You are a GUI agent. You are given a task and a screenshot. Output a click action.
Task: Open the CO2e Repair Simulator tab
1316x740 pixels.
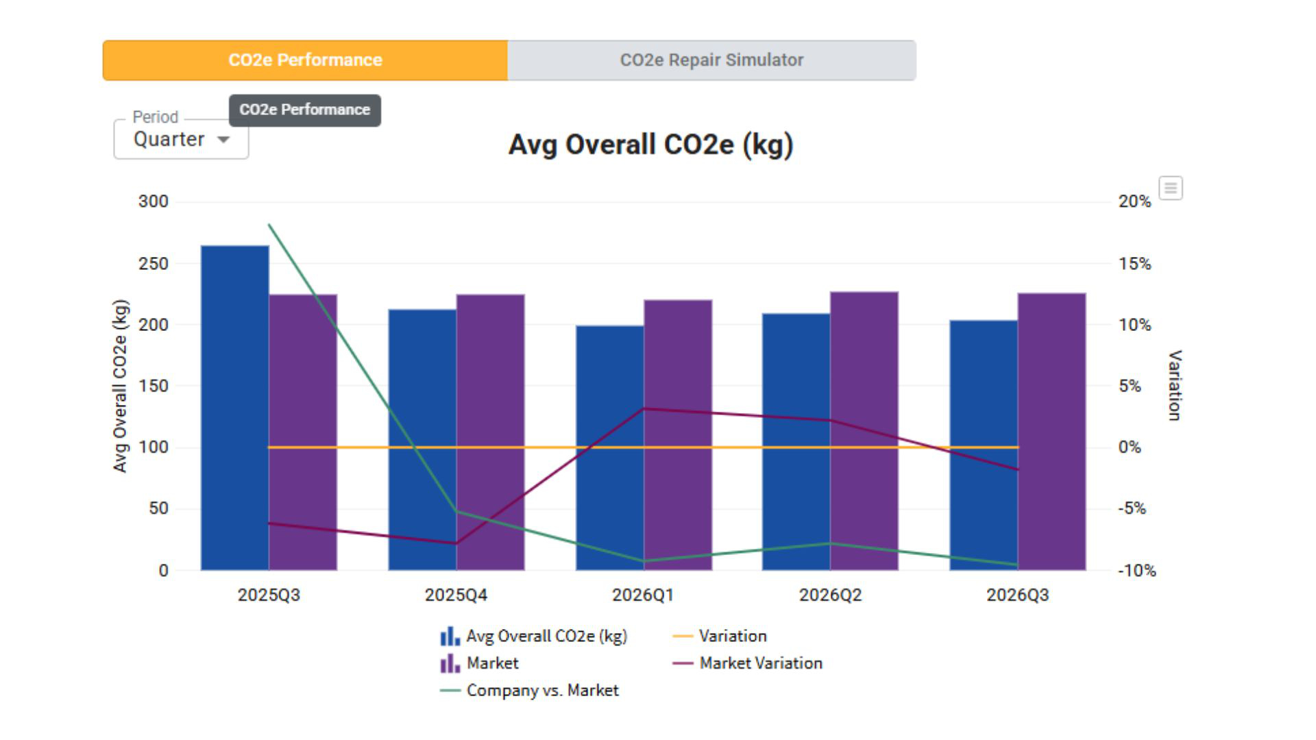(711, 60)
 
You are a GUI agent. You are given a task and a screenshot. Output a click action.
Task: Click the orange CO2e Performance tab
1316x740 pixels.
(305, 60)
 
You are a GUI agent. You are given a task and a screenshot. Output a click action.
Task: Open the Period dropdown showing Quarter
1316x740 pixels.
(181, 139)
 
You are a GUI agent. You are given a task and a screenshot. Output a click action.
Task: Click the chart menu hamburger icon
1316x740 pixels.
(1171, 188)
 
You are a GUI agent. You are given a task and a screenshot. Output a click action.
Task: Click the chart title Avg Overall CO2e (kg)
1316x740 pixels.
(650, 145)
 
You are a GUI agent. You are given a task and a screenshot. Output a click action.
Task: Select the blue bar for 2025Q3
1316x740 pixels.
(234, 408)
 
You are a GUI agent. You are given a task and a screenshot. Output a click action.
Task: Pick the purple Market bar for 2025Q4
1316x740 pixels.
(491, 432)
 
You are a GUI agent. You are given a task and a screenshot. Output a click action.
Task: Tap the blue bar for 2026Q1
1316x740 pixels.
(609, 447)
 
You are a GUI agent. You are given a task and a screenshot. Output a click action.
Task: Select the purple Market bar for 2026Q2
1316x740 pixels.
(864, 431)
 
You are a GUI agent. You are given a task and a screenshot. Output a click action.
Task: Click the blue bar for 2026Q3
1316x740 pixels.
(984, 445)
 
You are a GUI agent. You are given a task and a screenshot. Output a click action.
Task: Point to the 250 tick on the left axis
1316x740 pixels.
(154, 264)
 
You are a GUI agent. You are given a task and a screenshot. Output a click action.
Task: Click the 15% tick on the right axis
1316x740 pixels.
(1135, 264)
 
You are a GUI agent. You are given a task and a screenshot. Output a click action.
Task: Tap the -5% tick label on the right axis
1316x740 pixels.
(1132, 508)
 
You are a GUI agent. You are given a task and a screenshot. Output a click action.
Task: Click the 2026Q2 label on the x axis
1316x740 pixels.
(830, 595)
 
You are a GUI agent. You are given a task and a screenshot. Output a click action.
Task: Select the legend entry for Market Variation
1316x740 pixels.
(748, 663)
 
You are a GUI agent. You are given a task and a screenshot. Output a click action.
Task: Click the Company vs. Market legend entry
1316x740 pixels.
(529, 691)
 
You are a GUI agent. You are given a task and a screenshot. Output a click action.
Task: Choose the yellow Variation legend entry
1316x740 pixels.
(720, 636)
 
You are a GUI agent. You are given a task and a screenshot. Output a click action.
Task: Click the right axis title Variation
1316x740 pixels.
(1174, 385)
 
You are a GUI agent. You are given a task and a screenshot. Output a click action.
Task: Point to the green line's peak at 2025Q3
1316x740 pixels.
(269, 225)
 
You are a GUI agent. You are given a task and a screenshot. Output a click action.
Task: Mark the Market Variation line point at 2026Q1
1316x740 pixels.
(644, 409)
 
